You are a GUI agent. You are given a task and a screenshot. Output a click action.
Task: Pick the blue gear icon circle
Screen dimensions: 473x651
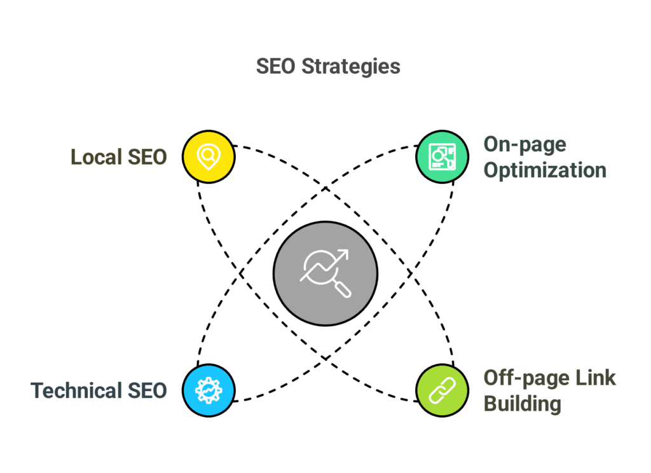209,390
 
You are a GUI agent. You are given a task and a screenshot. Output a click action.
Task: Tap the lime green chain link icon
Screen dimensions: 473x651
442,390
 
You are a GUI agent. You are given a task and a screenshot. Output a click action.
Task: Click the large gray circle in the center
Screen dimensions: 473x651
325,273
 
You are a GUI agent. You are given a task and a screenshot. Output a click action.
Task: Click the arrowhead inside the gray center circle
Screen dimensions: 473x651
344,254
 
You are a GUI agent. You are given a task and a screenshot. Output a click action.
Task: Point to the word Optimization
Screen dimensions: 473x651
545,170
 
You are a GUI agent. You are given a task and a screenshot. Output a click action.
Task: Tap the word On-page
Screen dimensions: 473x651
525,144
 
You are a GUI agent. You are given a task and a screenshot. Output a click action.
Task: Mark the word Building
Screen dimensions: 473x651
522,404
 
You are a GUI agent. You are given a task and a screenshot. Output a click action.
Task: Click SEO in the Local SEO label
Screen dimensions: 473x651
147,156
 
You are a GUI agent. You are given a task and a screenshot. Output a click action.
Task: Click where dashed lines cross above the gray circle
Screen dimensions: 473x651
325,188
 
